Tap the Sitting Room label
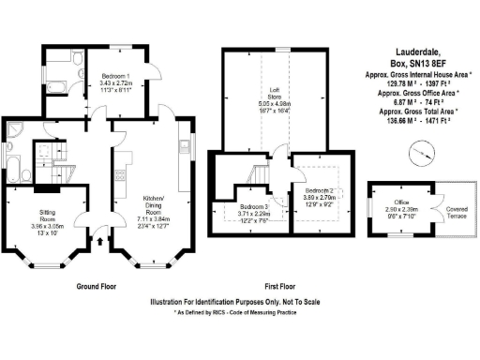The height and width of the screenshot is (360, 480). (46, 218)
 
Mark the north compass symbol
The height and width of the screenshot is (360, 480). (427, 149)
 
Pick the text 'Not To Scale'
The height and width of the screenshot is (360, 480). (319, 302)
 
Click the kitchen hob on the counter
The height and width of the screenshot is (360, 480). (118, 175)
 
